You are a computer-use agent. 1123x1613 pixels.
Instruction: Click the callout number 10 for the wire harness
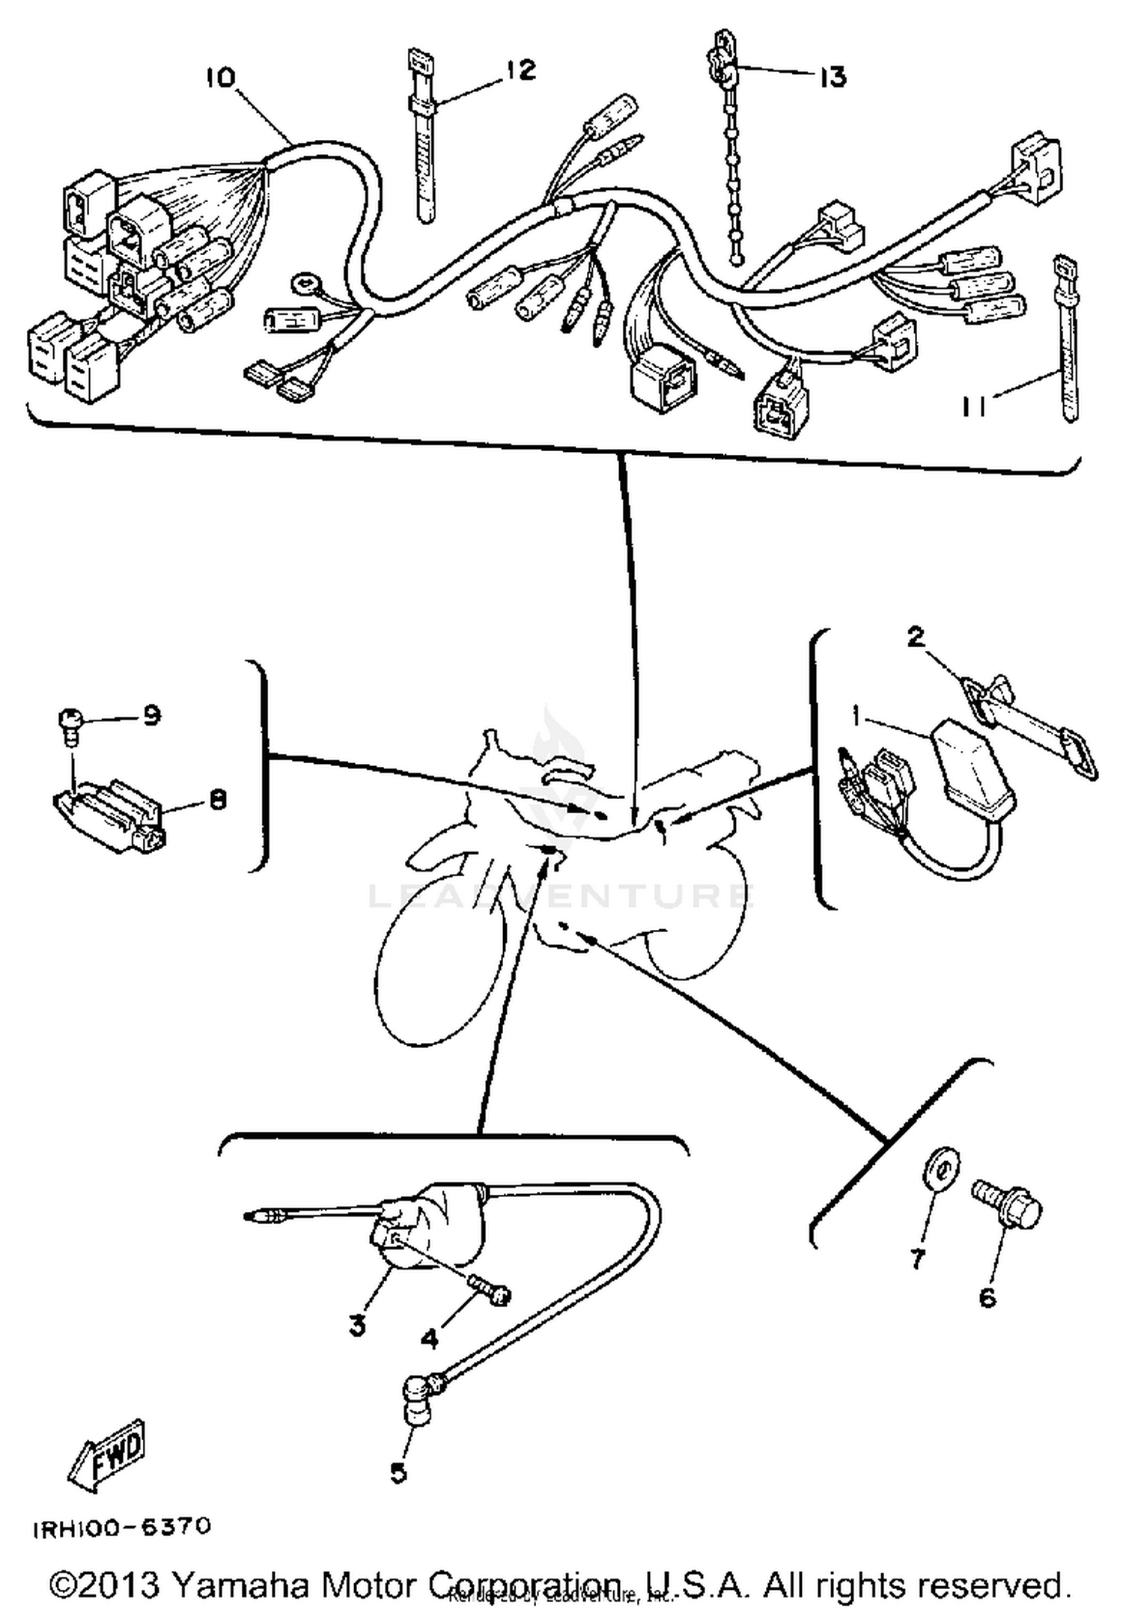(220, 78)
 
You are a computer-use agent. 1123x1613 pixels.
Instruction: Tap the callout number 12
(520, 70)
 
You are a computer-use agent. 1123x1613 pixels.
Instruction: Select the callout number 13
(832, 76)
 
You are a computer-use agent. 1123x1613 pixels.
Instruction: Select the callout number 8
(217, 801)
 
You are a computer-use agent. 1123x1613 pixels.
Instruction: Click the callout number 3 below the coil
(357, 1325)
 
